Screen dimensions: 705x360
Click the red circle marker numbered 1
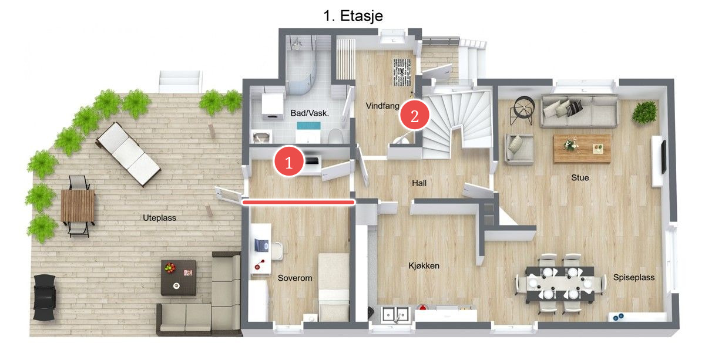(289, 162)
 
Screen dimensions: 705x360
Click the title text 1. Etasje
(353, 16)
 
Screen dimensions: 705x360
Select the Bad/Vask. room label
(310, 113)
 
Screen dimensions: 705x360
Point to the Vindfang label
(382, 106)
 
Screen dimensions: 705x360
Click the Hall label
(419, 183)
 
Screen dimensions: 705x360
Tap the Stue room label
(580, 178)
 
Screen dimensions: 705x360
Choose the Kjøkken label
(424, 266)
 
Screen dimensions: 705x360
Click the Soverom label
(295, 278)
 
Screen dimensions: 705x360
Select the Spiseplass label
(634, 278)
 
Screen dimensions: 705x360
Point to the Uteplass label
(160, 218)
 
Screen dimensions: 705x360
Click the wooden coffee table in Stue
(582, 149)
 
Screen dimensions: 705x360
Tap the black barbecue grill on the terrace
(45, 297)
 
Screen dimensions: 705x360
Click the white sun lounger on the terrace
(129, 154)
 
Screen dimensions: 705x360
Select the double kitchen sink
(395, 314)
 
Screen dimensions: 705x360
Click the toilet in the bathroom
(335, 136)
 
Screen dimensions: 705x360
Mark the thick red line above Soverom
(298, 203)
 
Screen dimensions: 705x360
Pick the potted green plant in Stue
(645, 112)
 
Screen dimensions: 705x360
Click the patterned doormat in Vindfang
(402, 72)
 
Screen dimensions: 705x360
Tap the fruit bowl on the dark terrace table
(170, 267)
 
